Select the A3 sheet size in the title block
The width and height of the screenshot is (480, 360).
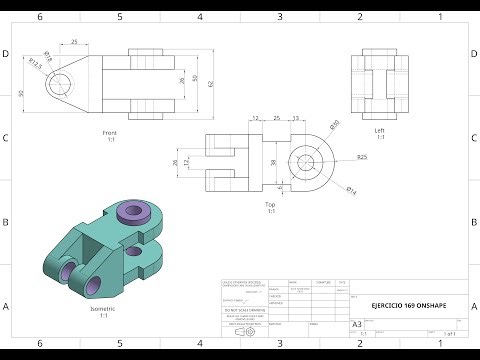pyautogui.click(x=358, y=324)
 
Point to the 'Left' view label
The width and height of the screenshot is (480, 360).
pyautogui.click(x=380, y=130)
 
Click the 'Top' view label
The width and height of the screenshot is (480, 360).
pyautogui.click(x=270, y=205)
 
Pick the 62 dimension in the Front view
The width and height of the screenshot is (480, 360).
pyautogui.click(x=210, y=83)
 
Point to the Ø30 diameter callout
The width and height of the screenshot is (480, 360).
pyautogui.click(x=334, y=125)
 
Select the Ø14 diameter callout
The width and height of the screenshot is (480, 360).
pyautogui.click(x=351, y=189)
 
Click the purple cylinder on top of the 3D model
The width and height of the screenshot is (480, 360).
pyautogui.click(x=130, y=211)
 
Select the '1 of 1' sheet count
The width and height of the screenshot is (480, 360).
pyautogui.click(x=453, y=332)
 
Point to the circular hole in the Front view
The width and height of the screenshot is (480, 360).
pyautogui.click(x=62, y=82)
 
